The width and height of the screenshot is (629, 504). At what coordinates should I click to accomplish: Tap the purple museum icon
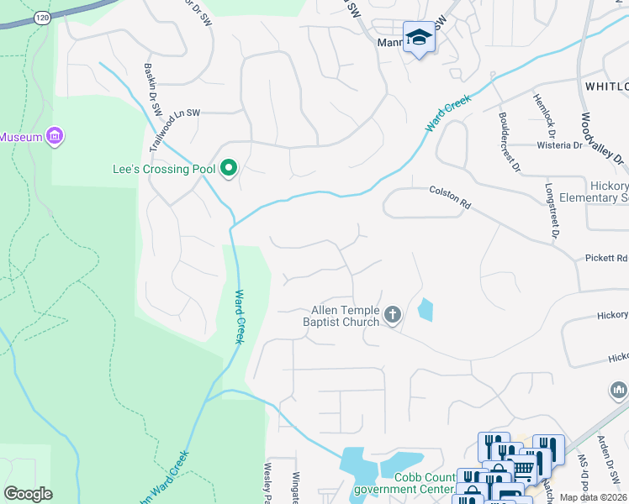(x=55, y=136)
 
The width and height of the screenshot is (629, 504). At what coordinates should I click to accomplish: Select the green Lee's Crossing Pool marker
(x=228, y=170)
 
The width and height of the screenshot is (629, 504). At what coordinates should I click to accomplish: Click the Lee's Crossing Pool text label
(x=164, y=169)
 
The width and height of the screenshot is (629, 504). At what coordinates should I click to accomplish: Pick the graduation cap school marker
(x=418, y=38)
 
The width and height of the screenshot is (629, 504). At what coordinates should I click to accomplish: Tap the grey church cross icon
(x=392, y=316)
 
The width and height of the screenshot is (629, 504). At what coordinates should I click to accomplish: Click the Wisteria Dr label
(x=559, y=144)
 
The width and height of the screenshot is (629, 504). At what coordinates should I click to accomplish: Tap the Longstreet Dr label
(x=552, y=211)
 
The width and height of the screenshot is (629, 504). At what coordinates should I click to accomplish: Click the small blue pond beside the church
(x=425, y=310)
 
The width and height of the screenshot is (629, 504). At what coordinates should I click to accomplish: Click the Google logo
(x=28, y=494)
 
